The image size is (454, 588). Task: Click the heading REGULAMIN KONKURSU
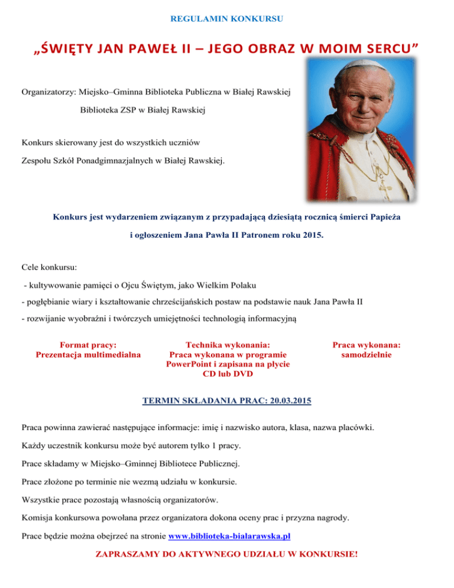pyautogui.click(x=226, y=19)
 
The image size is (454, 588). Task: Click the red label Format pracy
pyautogui.click(x=88, y=344)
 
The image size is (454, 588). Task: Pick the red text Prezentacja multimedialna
pyautogui.click(x=88, y=355)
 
